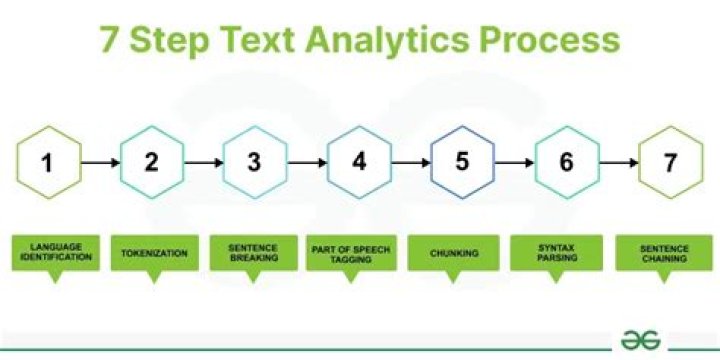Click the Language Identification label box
56,253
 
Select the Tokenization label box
155,253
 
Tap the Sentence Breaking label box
254,253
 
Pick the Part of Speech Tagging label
351,253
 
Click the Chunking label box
453,253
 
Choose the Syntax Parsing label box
557,253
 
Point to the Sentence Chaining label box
664,253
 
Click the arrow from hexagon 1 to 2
101,163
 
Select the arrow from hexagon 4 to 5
411,163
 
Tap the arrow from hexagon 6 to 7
619,163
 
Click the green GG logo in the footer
640,340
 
